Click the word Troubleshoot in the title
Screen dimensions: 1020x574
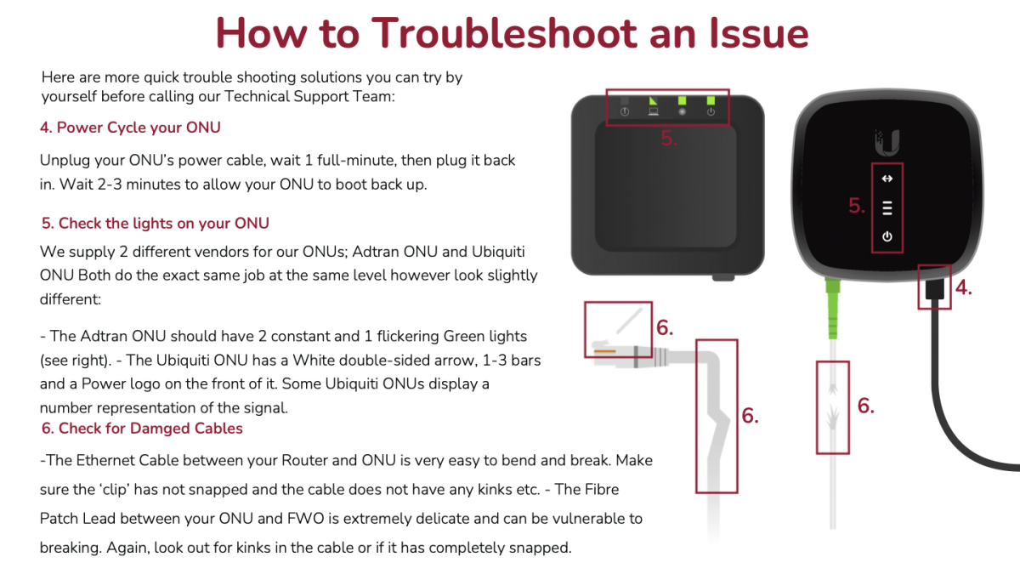(x=505, y=33)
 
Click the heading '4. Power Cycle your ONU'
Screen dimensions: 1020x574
(x=130, y=128)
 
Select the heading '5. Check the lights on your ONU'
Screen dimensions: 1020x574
(x=156, y=223)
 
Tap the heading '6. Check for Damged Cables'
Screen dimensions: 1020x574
(x=142, y=429)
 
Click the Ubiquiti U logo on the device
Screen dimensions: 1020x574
(x=887, y=143)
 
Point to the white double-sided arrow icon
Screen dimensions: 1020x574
(x=887, y=179)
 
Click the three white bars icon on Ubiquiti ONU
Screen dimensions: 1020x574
(x=887, y=207)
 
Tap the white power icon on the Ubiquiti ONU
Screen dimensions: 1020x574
(x=887, y=236)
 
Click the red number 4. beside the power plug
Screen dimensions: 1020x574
(x=964, y=288)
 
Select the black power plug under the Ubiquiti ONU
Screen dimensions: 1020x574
(x=934, y=289)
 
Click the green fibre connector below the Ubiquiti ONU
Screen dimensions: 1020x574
(x=833, y=309)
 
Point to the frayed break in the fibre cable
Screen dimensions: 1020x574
(x=833, y=407)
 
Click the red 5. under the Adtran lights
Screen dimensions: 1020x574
(x=669, y=138)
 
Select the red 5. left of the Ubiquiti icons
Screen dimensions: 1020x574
(x=857, y=206)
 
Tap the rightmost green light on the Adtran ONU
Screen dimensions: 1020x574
(x=711, y=100)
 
